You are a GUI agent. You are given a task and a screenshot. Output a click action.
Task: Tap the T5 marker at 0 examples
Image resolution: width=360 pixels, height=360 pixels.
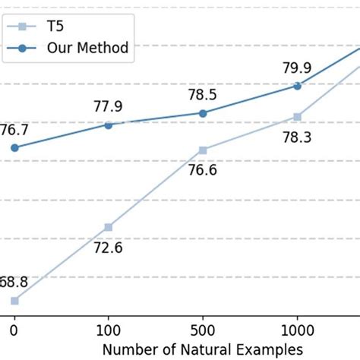pyautogui.click(x=14, y=301)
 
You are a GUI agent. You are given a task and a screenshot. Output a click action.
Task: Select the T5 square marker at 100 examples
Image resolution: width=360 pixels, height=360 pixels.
pyautogui.click(x=108, y=227)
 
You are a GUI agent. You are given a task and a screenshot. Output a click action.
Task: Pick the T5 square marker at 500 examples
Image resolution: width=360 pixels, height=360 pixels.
pyautogui.click(x=203, y=150)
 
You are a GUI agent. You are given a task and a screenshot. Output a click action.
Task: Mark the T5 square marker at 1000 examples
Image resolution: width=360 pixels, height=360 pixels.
pyautogui.click(x=298, y=116)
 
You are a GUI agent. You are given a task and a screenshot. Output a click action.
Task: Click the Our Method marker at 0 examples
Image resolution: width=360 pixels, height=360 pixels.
pyautogui.click(x=14, y=147)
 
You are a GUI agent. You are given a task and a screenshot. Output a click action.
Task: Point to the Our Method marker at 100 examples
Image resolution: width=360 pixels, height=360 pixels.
pyautogui.click(x=108, y=125)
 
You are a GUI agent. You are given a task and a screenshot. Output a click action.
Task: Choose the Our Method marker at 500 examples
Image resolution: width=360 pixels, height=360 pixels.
pyautogui.click(x=203, y=113)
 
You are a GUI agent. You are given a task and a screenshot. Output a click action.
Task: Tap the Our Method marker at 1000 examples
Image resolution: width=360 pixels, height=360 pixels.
pyautogui.click(x=298, y=86)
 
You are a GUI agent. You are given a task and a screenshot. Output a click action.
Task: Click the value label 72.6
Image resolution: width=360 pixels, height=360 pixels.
pyautogui.click(x=108, y=248)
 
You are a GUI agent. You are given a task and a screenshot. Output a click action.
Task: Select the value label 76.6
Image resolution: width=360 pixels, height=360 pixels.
pyautogui.click(x=203, y=171)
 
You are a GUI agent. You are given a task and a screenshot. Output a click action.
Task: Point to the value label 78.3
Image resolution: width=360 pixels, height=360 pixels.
pyautogui.click(x=298, y=137)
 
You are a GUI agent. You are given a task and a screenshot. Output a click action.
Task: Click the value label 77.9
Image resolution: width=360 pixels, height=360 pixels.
pyautogui.click(x=108, y=106)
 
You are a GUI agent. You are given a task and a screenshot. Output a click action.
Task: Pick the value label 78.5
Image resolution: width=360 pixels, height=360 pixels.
pyautogui.click(x=203, y=94)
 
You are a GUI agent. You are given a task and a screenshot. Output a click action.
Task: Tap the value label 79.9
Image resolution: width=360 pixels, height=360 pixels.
pyautogui.click(x=298, y=67)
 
